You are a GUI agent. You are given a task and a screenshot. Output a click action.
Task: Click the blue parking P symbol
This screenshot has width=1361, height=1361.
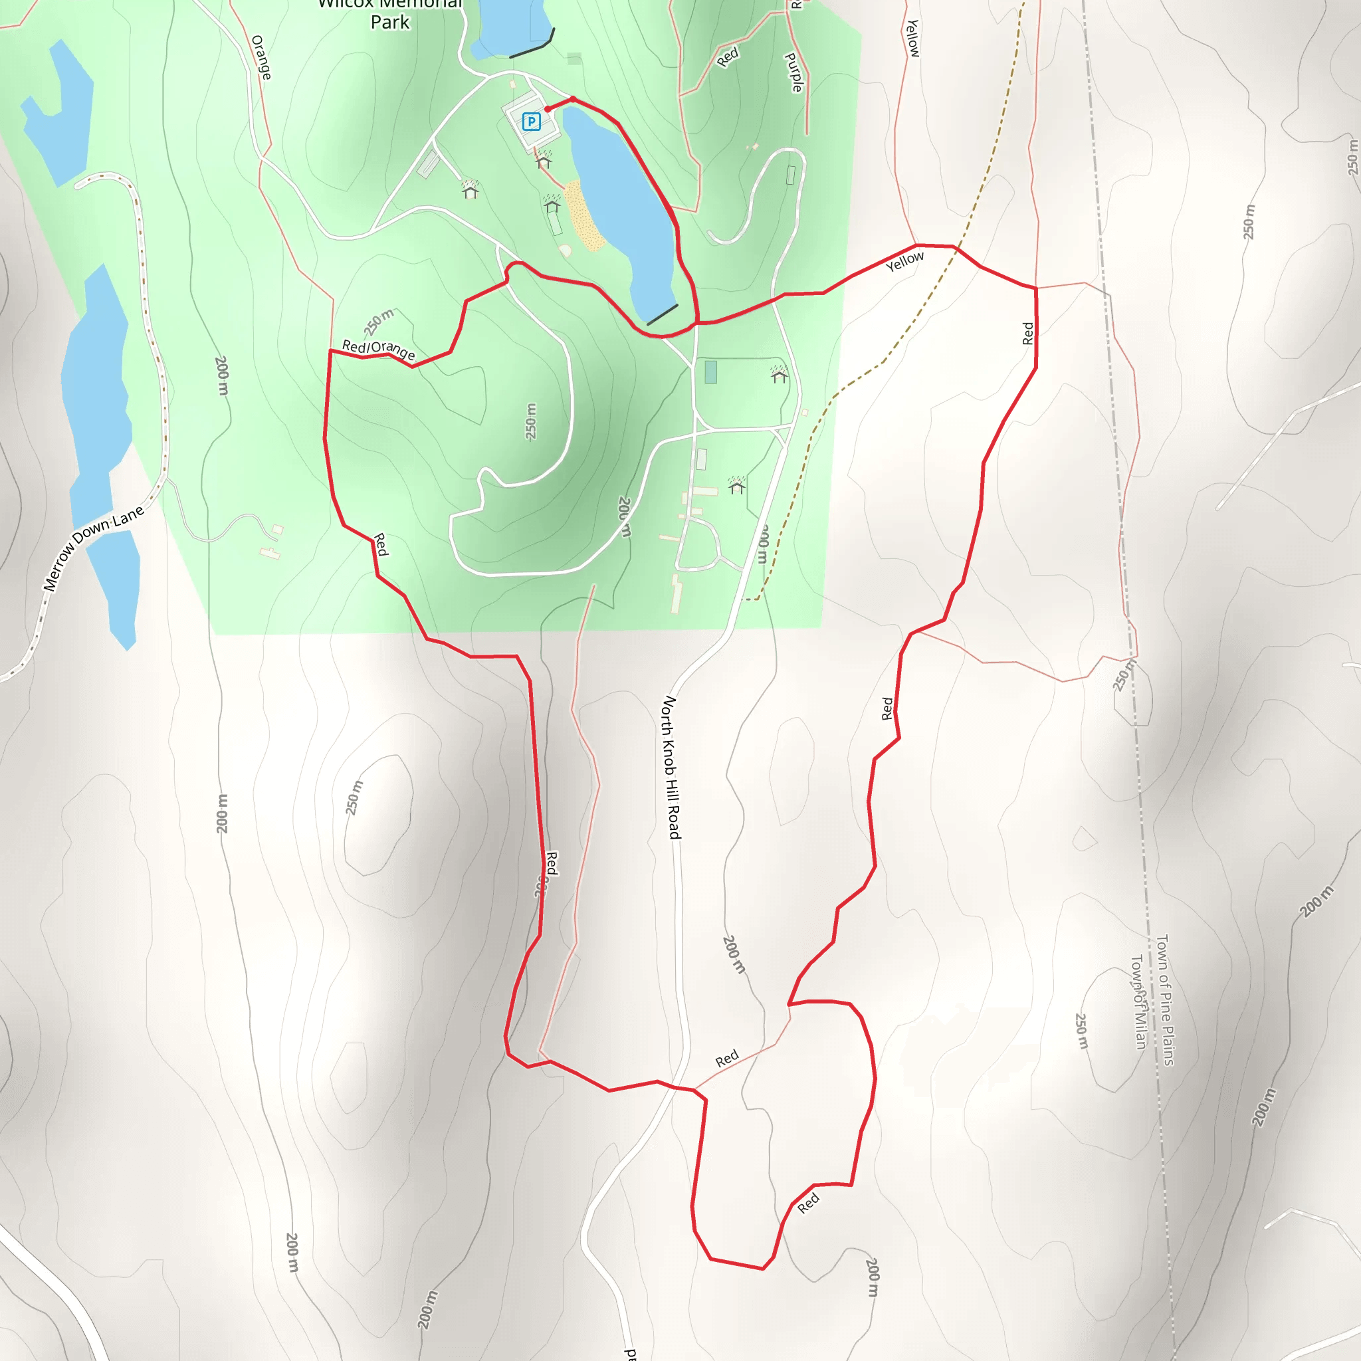(x=531, y=122)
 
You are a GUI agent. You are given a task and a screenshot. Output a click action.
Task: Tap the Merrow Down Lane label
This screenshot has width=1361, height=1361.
(x=93, y=548)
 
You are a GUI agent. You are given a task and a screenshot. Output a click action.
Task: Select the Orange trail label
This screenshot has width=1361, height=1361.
(x=261, y=57)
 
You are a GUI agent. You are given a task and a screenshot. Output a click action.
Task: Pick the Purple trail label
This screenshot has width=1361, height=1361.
(x=794, y=72)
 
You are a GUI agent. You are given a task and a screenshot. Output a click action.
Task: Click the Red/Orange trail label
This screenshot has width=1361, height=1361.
(x=378, y=350)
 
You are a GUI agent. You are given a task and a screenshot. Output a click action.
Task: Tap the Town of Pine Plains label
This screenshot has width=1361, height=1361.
(x=1165, y=999)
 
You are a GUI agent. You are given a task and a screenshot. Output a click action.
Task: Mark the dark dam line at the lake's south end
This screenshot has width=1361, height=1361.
(x=662, y=314)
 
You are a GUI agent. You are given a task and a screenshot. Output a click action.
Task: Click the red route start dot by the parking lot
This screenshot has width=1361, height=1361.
(x=548, y=109)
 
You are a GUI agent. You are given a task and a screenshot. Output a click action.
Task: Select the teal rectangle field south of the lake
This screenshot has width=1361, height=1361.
(x=711, y=372)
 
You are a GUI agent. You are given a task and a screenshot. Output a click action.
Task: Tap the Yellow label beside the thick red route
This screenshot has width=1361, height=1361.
(x=904, y=261)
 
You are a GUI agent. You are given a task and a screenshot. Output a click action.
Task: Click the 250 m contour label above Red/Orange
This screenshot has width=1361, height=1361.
(x=379, y=321)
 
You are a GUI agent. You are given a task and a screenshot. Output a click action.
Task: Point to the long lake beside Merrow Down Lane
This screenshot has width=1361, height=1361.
(x=98, y=423)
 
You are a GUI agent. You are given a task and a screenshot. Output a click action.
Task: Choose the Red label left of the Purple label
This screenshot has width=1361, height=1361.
(x=728, y=56)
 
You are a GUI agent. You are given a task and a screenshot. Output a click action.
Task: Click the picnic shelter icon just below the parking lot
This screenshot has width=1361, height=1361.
(x=543, y=161)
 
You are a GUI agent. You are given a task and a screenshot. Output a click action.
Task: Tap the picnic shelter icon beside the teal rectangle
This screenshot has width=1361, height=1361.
(x=779, y=375)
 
